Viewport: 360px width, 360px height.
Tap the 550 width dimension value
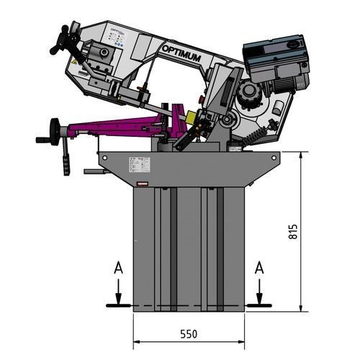pos(189,335)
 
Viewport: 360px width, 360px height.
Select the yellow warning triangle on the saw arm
pos(74,64)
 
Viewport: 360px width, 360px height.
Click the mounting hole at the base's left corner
pos(105,156)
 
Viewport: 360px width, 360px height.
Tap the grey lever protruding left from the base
pos(92,171)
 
